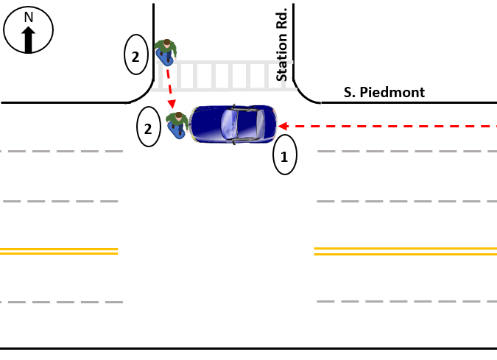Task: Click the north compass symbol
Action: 29,32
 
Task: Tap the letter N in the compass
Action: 29,17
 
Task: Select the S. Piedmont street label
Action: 384,93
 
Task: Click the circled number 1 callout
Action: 285,156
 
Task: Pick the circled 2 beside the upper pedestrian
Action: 135,56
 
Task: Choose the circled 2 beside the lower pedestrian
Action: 149,128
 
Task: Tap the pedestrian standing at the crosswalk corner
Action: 167,51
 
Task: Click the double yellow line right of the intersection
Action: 405,251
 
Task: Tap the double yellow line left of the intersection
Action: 59,251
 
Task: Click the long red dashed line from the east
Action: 390,126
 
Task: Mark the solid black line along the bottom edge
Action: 248,347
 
